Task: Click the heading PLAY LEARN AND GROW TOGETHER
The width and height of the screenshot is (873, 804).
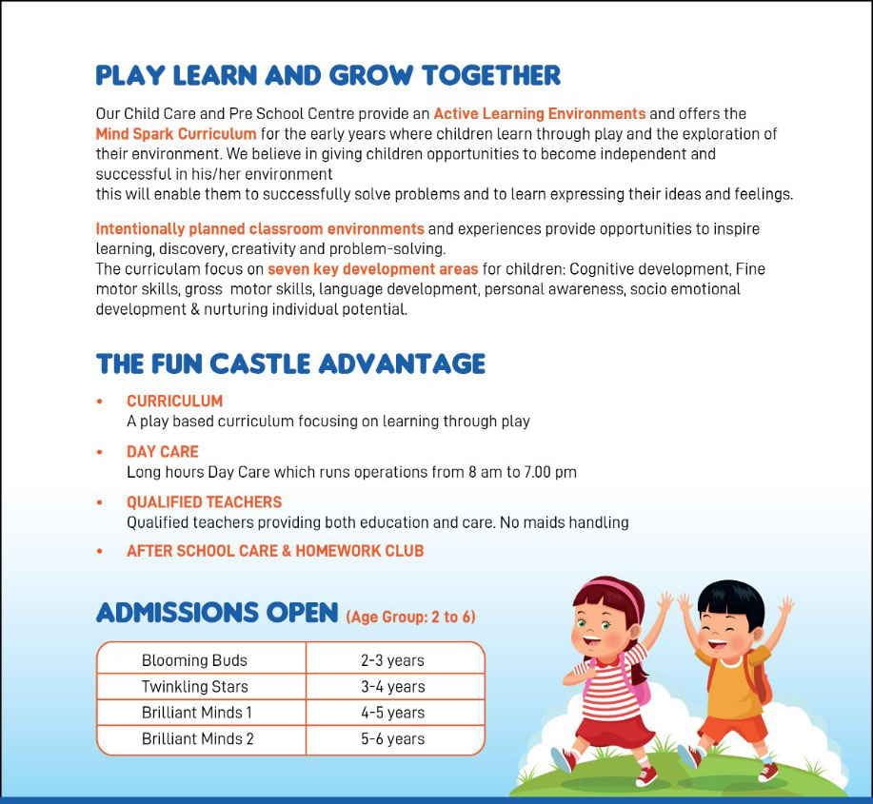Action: click(327, 75)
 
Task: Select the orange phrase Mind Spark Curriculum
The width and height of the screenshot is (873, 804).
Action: click(176, 134)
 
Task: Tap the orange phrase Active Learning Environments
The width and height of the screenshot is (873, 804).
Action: click(539, 114)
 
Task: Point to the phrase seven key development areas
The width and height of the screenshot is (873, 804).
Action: click(372, 269)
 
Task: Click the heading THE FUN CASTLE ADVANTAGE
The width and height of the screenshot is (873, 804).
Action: click(290, 363)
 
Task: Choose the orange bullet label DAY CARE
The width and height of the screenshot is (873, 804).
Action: click(163, 452)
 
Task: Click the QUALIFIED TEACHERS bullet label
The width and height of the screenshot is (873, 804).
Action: click(204, 502)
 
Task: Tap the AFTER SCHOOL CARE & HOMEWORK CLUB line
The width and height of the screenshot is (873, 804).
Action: click(275, 551)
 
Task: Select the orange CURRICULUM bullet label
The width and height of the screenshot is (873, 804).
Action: click(174, 402)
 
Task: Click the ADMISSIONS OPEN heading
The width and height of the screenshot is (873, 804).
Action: click(217, 612)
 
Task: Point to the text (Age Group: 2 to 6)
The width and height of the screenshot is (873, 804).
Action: click(410, 617)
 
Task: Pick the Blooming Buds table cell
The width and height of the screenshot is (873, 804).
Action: click(194, 660)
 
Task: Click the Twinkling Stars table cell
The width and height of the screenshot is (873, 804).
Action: click(194, 687)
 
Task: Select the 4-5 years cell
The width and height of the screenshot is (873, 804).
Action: click(392, 713)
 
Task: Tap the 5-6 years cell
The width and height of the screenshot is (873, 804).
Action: click(392, 739)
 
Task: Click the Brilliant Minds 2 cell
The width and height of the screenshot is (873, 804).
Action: click(197, 739)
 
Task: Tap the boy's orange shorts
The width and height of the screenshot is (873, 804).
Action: click(732, 728)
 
